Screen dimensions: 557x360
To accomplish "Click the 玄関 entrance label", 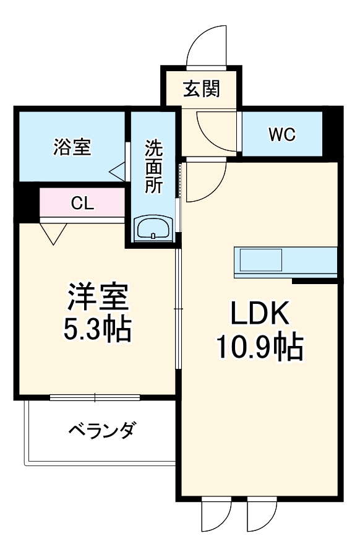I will click(x=202, y=89).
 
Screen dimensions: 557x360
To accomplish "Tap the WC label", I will click(x=282, y=134).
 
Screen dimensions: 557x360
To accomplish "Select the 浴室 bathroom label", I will click(x=72, y=147).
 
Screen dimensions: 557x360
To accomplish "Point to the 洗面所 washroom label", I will click(x=154, y=166).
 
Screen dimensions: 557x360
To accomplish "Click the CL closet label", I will click(x=82, y=204).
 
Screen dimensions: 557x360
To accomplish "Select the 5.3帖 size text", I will click(x=98, y=329).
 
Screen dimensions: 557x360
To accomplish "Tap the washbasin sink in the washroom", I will click(x=153, y=228).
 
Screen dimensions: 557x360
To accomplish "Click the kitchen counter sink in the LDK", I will click(x=261, y=259).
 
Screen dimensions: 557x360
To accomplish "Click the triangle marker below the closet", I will click(x=54, y=232).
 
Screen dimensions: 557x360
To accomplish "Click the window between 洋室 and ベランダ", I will click(x=95, y=397).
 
